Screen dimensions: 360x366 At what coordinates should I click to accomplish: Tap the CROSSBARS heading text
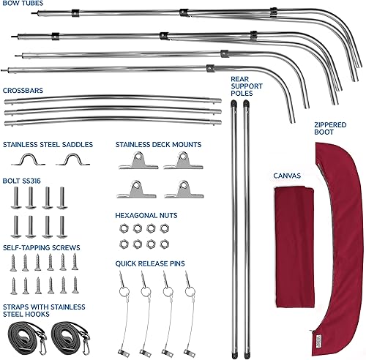(x=24, y=90)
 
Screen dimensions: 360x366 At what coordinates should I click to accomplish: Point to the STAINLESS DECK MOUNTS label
(x=158, y=144)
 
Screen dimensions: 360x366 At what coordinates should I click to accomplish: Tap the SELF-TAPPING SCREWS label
(x=42, y=247)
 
